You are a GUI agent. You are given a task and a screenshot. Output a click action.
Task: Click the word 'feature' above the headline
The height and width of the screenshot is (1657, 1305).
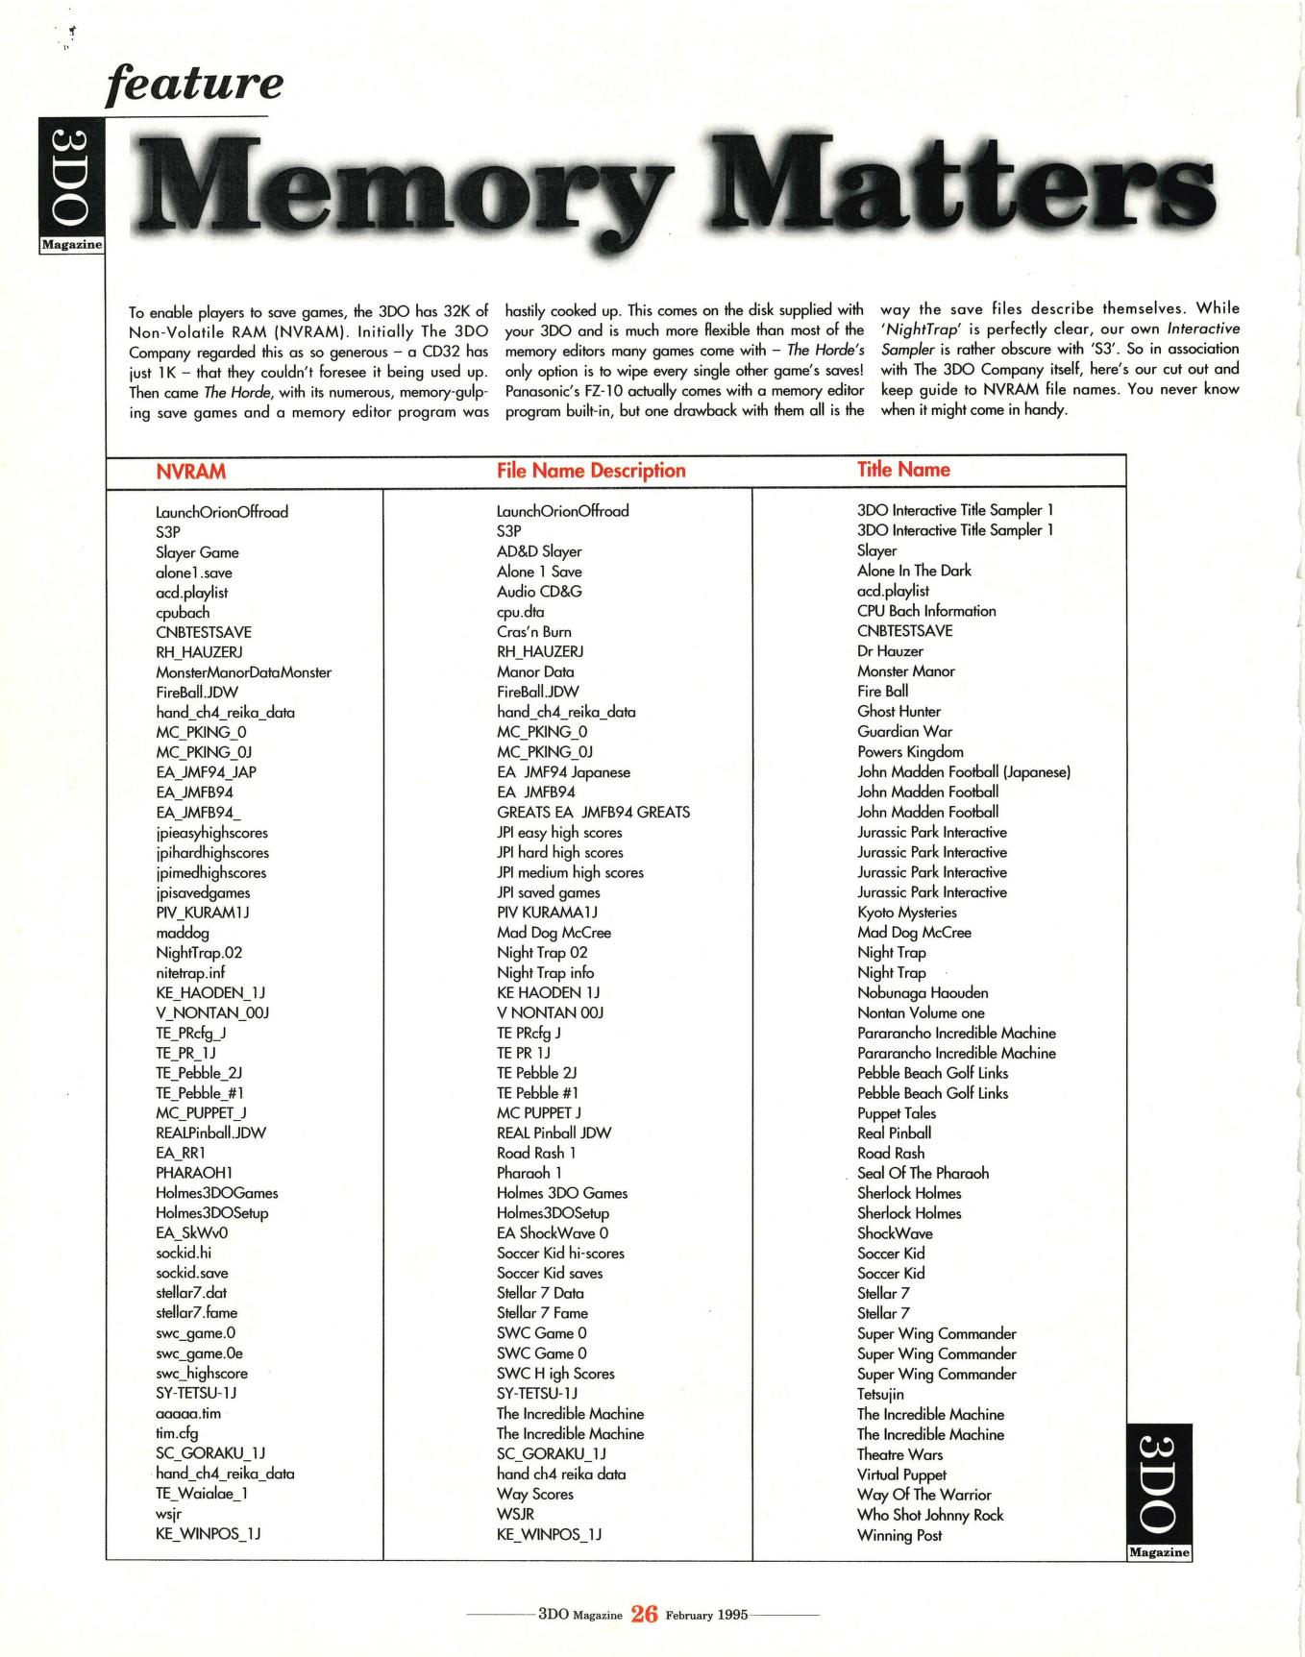click(195, 84)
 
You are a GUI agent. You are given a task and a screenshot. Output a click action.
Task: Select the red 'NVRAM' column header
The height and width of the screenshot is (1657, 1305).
click(190, 472)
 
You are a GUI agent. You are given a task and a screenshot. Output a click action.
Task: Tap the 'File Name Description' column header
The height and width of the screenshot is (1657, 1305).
click(591, 471)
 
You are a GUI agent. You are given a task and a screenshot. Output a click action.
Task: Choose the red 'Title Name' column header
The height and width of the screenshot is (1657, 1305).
click(903, 470)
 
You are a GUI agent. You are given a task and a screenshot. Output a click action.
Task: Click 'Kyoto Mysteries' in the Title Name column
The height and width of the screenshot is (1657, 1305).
click(906, 913)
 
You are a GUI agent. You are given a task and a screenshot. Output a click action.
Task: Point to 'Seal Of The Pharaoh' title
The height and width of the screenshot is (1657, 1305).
click(923, 1173)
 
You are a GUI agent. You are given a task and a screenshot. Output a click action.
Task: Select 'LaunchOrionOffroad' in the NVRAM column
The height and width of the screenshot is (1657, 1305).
click(222, 512)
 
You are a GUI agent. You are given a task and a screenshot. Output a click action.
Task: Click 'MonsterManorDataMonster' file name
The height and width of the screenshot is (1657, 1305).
click(243, 672)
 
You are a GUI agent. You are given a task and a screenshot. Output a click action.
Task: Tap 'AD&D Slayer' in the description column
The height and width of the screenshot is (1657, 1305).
click(539, 551)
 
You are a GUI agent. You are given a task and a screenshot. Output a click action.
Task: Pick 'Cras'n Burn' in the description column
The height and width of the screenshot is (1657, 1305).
click(533, 632)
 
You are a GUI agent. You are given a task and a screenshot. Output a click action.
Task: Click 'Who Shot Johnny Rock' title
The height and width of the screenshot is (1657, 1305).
click(929, 1515)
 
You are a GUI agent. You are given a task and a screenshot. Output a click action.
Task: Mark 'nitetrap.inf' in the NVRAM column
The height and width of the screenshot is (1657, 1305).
click(190, 972)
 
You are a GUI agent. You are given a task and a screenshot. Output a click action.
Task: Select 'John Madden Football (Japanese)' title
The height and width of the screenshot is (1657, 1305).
click(963, 772)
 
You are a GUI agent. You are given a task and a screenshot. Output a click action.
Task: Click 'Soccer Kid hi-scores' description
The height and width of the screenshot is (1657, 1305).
click(560, 1253)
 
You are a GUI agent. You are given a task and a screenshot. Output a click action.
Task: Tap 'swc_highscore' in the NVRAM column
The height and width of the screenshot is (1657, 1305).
click(202, 1374)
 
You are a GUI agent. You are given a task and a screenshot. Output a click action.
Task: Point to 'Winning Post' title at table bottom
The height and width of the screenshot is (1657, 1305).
click(899, 1535)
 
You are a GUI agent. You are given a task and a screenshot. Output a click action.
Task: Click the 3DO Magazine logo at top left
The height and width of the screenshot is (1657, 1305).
click(71, 187)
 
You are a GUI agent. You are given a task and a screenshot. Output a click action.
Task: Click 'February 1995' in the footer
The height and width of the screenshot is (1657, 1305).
click(706, 1614)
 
